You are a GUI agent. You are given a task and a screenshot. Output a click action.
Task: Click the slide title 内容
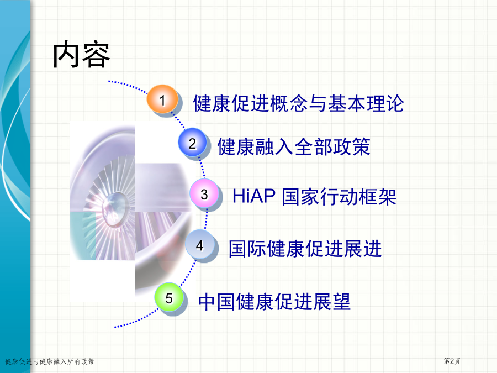click(x=82, y=55)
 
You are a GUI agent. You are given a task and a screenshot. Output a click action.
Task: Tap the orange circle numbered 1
click(x=162, y=99)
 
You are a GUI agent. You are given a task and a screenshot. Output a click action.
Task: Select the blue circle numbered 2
click(x=192, y=143)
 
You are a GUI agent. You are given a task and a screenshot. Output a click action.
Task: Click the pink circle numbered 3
click(x=204, y=193)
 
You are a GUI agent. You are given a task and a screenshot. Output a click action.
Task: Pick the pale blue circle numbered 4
click(x=200, y=245)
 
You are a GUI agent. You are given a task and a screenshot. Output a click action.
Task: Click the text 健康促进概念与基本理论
click(x=298, y=103)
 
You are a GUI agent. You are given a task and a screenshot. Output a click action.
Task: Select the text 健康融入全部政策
click(x=294, y=147)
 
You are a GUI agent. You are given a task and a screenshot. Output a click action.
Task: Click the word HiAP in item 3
click(x=254, y=196)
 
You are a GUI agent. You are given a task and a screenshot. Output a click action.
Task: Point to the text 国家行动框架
click(x=339, y=197)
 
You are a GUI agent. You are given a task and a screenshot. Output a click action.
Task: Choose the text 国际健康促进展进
click(x=305, y=248)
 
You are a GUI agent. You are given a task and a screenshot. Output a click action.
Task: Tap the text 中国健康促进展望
click(x=274, y=301)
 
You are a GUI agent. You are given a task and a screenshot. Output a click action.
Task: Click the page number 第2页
click(x=452, y=361)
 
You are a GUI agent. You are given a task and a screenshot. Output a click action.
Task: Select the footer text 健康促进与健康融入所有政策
click(x=50, y=361)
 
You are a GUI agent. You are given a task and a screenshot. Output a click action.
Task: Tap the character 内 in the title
click(x=66, y=55)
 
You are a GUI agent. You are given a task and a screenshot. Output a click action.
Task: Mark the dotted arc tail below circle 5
click(x=136, y=321)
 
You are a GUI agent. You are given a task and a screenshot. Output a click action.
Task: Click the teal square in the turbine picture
click(x=83, y=236)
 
